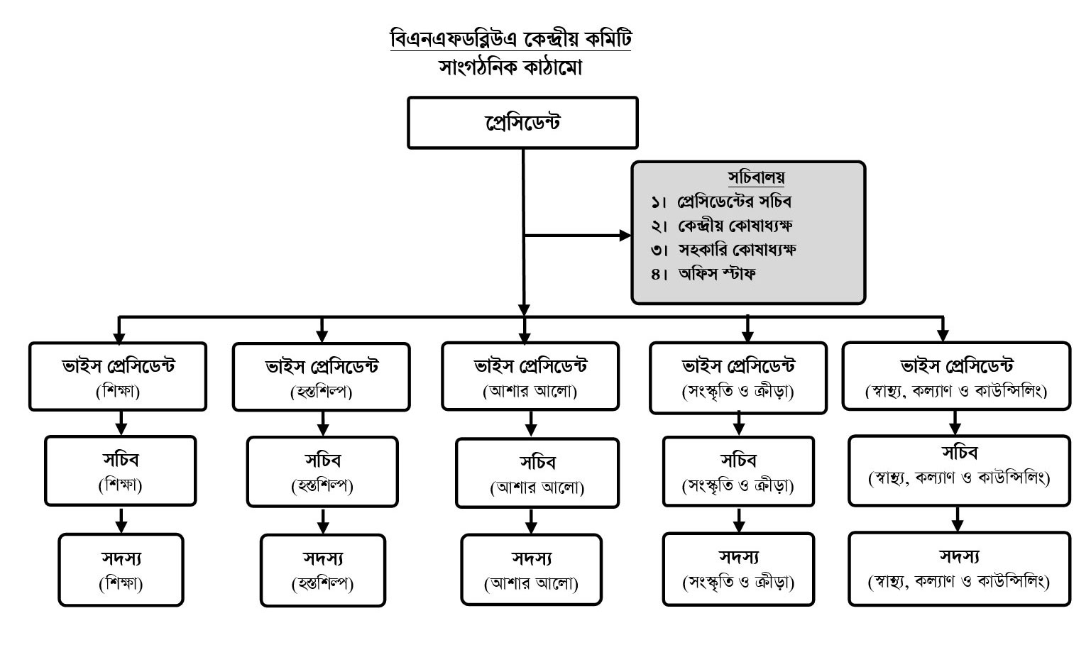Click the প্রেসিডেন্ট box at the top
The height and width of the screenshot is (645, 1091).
point(522,123)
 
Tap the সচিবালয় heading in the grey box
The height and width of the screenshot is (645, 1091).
point(756,177)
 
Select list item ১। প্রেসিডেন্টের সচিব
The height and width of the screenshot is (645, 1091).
point(721,202)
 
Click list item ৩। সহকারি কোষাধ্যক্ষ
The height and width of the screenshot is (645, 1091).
point(723,250)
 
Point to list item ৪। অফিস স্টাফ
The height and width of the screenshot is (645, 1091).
point(703,274)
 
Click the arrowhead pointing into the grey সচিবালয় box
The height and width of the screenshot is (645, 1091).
point(624,236)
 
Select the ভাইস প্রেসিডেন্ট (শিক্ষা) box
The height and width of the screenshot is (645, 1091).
point(118,377)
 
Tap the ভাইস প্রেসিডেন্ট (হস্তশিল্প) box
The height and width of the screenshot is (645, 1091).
point(322,377)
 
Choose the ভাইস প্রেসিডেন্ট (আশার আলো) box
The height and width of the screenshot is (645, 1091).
point(530,376)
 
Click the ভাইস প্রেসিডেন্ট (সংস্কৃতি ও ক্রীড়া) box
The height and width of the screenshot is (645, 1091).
point(738,377)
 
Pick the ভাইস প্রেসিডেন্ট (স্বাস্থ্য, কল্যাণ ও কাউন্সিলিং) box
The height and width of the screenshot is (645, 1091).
point(956,376)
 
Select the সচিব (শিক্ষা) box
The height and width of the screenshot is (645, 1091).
point(121,471)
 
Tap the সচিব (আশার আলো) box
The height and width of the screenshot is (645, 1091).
point(537,473)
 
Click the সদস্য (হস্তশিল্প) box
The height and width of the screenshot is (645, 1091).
point(323,570)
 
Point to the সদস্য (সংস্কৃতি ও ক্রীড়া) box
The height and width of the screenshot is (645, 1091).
point(738,569)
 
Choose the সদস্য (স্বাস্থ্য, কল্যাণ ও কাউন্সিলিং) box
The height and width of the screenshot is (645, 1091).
point(959,568)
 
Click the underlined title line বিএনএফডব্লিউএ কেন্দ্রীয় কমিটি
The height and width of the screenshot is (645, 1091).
point(510,38)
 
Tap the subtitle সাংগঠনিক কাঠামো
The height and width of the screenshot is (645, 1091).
point(510,67)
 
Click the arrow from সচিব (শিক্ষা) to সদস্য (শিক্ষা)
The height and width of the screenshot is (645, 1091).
point(121,520)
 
